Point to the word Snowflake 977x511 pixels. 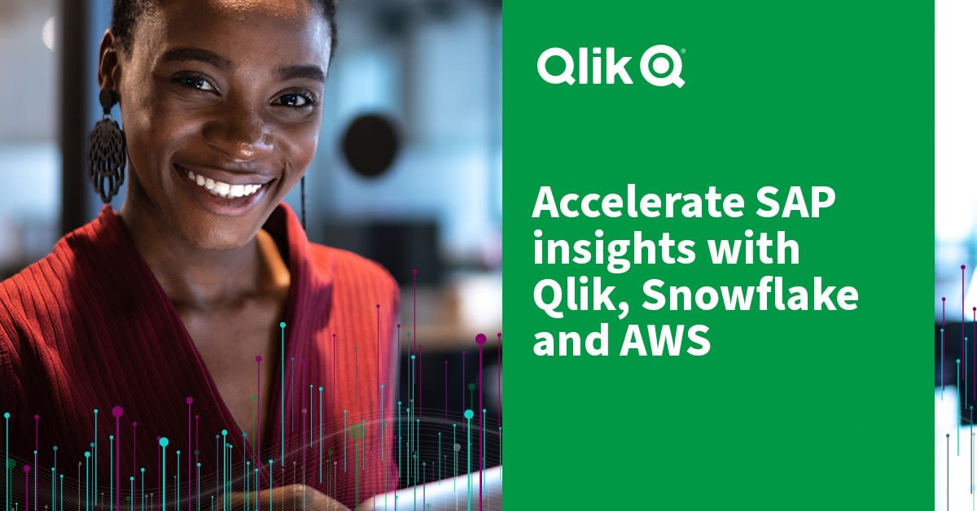[750, 296]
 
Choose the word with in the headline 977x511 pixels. [748, 250]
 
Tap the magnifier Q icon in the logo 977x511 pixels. [661, 67]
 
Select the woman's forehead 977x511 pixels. [220, 33]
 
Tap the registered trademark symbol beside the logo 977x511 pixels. [682, 52]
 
